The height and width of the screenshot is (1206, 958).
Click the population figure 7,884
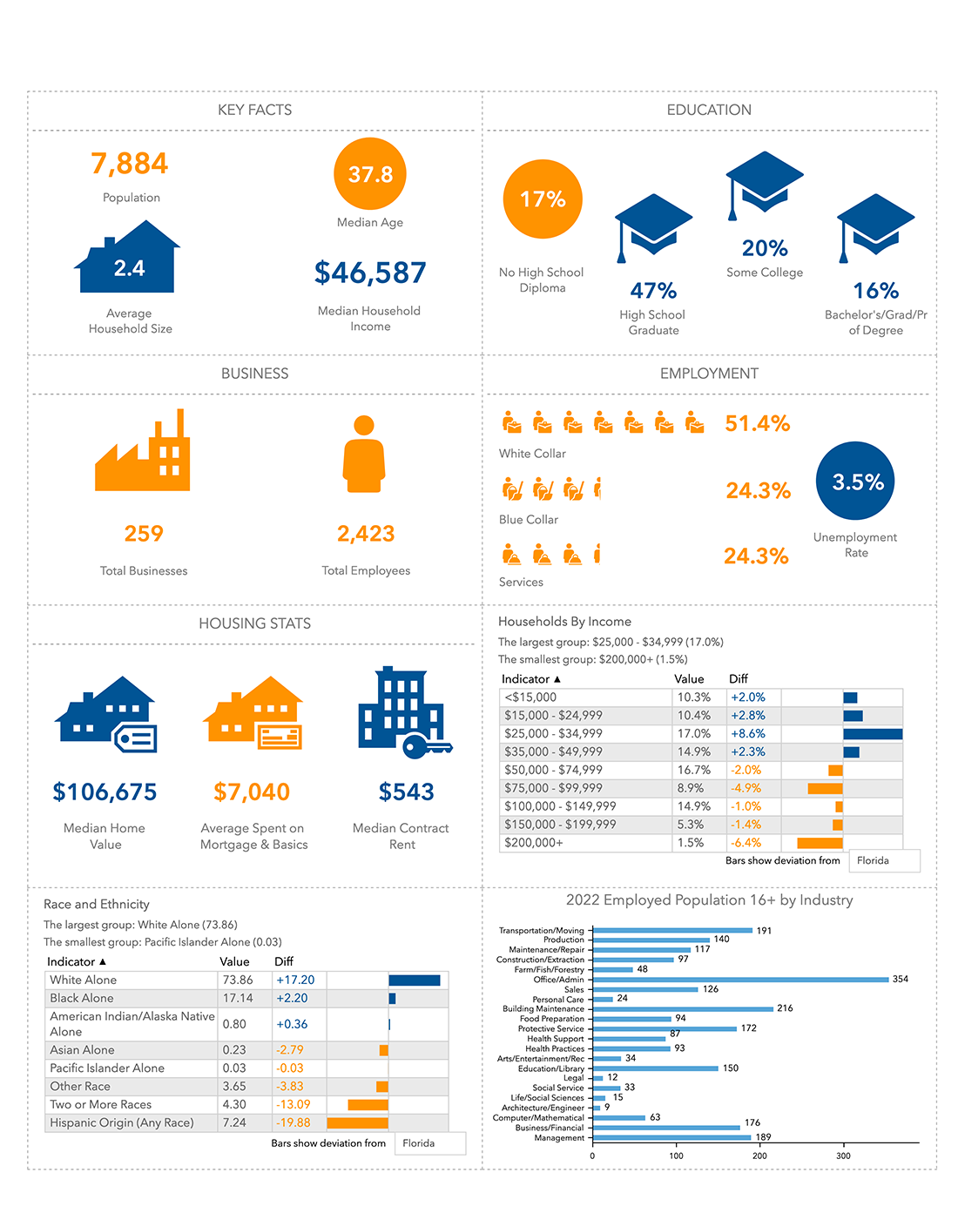pos(130,164)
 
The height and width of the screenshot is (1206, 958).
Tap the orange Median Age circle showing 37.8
pos(370,174)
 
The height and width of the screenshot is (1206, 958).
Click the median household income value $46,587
pos(370,273)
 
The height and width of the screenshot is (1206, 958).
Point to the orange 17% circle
pos(543,199)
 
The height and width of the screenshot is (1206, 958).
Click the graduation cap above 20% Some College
pos(764,184)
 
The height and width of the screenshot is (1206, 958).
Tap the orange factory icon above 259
pos(143,453)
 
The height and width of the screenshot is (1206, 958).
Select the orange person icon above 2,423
pos(364,454)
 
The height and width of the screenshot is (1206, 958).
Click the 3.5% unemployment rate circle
pos(855,482)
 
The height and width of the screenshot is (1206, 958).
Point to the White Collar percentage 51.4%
pos(757,424)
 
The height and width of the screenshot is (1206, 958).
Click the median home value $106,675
pos(105,792)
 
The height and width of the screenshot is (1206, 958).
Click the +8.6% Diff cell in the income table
pos(748,734)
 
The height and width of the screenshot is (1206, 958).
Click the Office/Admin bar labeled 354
pos(740,980)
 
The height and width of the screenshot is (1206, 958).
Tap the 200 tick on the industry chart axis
pos(760,1156)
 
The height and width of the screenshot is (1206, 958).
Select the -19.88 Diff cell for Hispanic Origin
pos(293,1122)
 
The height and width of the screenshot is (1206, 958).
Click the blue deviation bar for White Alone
pos(415,980)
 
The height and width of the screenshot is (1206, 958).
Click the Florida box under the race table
pos(430,1143)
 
